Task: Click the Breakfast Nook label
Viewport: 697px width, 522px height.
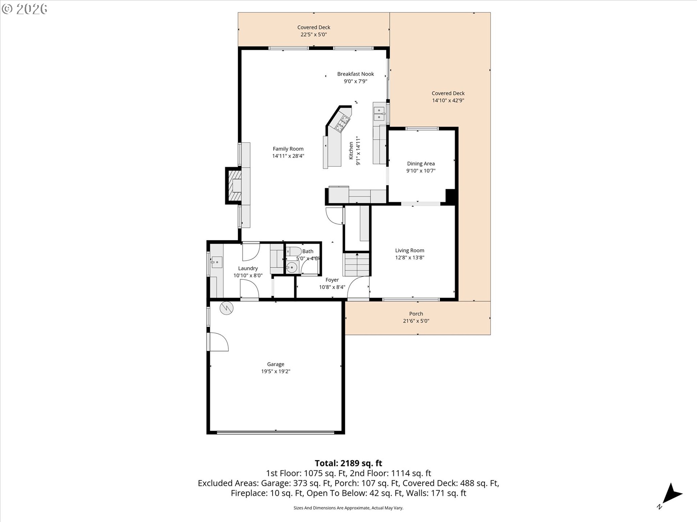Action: point(355,74)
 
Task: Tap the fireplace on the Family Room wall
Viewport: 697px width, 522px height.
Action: point(233,186)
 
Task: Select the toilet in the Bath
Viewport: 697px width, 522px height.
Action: point(294,251)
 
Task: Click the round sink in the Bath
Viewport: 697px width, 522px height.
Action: point(292,268)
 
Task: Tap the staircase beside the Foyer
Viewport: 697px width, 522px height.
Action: point(357,265)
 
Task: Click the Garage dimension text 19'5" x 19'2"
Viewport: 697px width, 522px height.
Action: point(276,372)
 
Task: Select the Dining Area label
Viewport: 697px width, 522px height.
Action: point(421,163)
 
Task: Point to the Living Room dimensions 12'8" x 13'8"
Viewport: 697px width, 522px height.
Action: point(409,258)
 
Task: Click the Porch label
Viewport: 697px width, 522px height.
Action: point(416,314)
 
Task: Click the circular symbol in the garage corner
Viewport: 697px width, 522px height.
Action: point(227,308)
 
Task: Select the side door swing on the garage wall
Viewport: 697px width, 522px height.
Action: point(218,342)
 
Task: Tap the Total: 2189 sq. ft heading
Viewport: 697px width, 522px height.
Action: point(348,463)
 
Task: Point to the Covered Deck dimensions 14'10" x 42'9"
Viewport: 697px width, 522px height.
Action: point(448,100)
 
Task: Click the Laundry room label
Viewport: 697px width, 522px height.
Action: point(248,268)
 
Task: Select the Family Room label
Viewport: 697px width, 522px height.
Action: point(288,149)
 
